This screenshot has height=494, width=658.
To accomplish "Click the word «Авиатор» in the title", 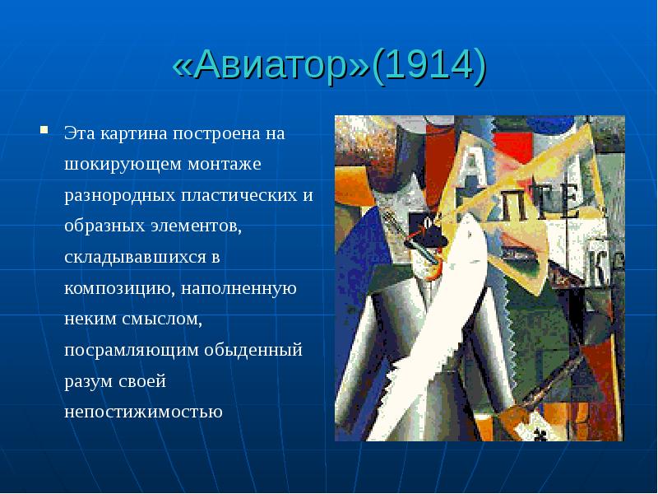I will tap(271, 67).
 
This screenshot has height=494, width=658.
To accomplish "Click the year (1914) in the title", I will tap(429, 67).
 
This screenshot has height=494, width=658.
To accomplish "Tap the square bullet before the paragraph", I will tap(47, 129).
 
